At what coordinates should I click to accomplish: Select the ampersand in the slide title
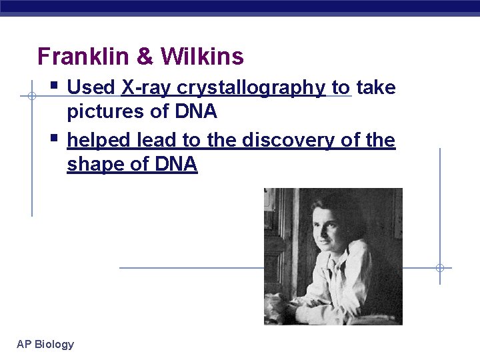[145, 57]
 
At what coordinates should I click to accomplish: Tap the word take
[376, 87]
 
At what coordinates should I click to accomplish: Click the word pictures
[104, 112]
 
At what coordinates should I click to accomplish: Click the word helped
[99, 141]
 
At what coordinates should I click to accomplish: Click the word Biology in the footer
[54, 345]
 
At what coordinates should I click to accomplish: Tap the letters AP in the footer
[24, 344]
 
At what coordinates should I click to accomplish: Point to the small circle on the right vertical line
[440, 268]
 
